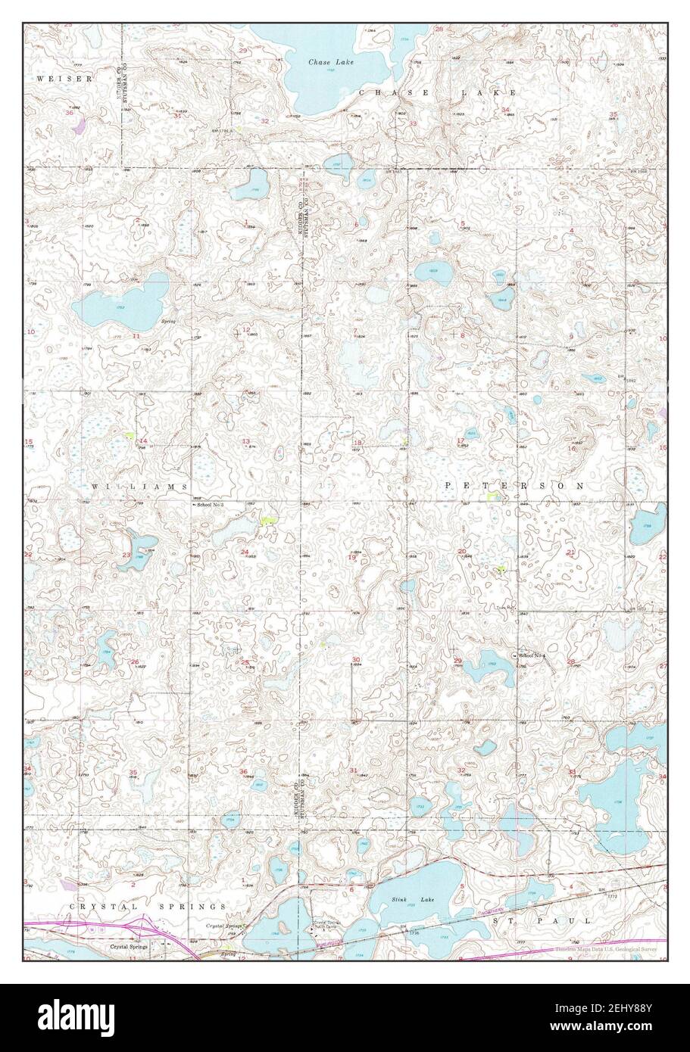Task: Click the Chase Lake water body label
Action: (325, 61)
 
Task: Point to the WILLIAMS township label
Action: (139, 485)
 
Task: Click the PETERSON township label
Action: (514, 484)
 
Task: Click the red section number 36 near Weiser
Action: (70, 112)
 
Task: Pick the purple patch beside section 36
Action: (79, 124)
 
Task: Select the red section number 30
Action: (356, 660)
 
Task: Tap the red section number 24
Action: (245, 552)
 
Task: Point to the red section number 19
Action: (351, 557)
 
